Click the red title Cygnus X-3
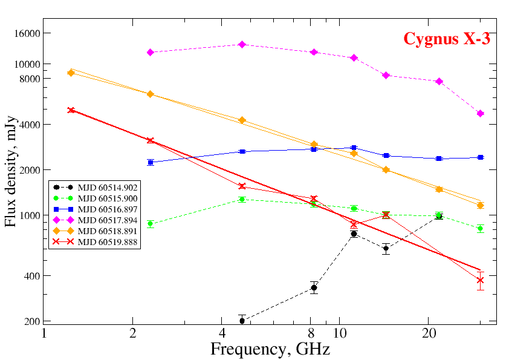pyautogui.click(x=446, y=39)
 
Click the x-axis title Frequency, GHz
pyautogui.click(x=270, y=349)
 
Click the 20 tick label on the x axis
pyautogui.click(x=428, y=333)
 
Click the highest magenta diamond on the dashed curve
pyautogui.click(x=242, y=44)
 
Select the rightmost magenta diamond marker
pyautogui.click(x=480, y=113)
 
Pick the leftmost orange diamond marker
pyautogui.click(x=71, y=73)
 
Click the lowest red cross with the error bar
pyautogui.click(x=480, y=280)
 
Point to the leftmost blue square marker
pyautogui.click(x=151, y=162)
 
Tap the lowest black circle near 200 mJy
pyautogui.click(x=242, y=321)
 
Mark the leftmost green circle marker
pyautogui.click(x=151, y=224)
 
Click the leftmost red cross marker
pyautogui.click(x=71, y=110)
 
